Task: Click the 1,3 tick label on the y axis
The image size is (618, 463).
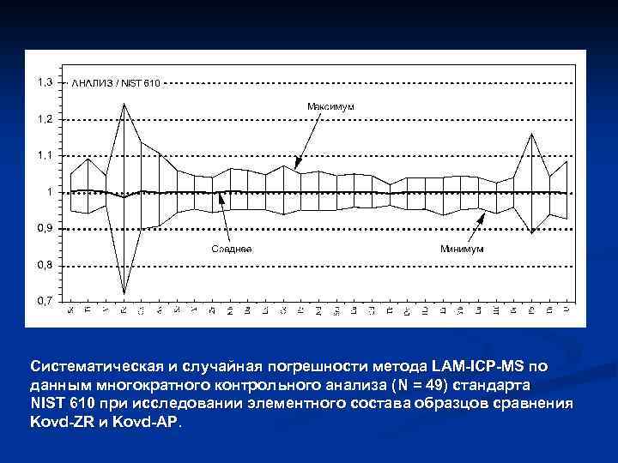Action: coord(43,82)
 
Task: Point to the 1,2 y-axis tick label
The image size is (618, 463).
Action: coord(43,118)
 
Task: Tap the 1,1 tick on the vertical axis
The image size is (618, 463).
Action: coord(43,155)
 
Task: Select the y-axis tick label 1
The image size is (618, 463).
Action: coord(48,192)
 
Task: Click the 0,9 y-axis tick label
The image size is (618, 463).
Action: coord(43,228)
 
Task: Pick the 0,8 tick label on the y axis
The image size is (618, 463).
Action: coord(43,265)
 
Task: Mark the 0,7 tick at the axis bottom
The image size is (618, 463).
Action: coord(43,301)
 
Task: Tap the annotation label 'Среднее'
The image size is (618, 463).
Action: coord(232,249)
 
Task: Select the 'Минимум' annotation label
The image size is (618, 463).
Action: coord(462,249)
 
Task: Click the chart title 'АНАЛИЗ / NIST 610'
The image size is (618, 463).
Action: coord(115,82)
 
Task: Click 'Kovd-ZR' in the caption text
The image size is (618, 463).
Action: coord(58,423)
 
